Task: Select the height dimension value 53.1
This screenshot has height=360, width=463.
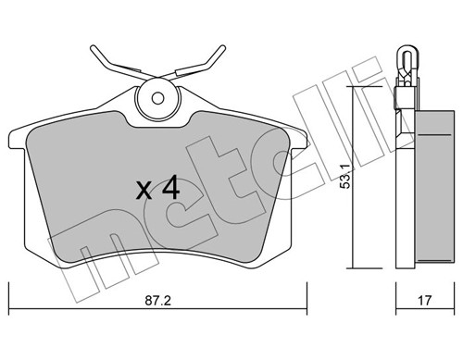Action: point(345,176)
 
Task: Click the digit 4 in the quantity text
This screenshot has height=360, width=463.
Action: point(169,190)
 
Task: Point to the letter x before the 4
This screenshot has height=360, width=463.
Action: point(144,192)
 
